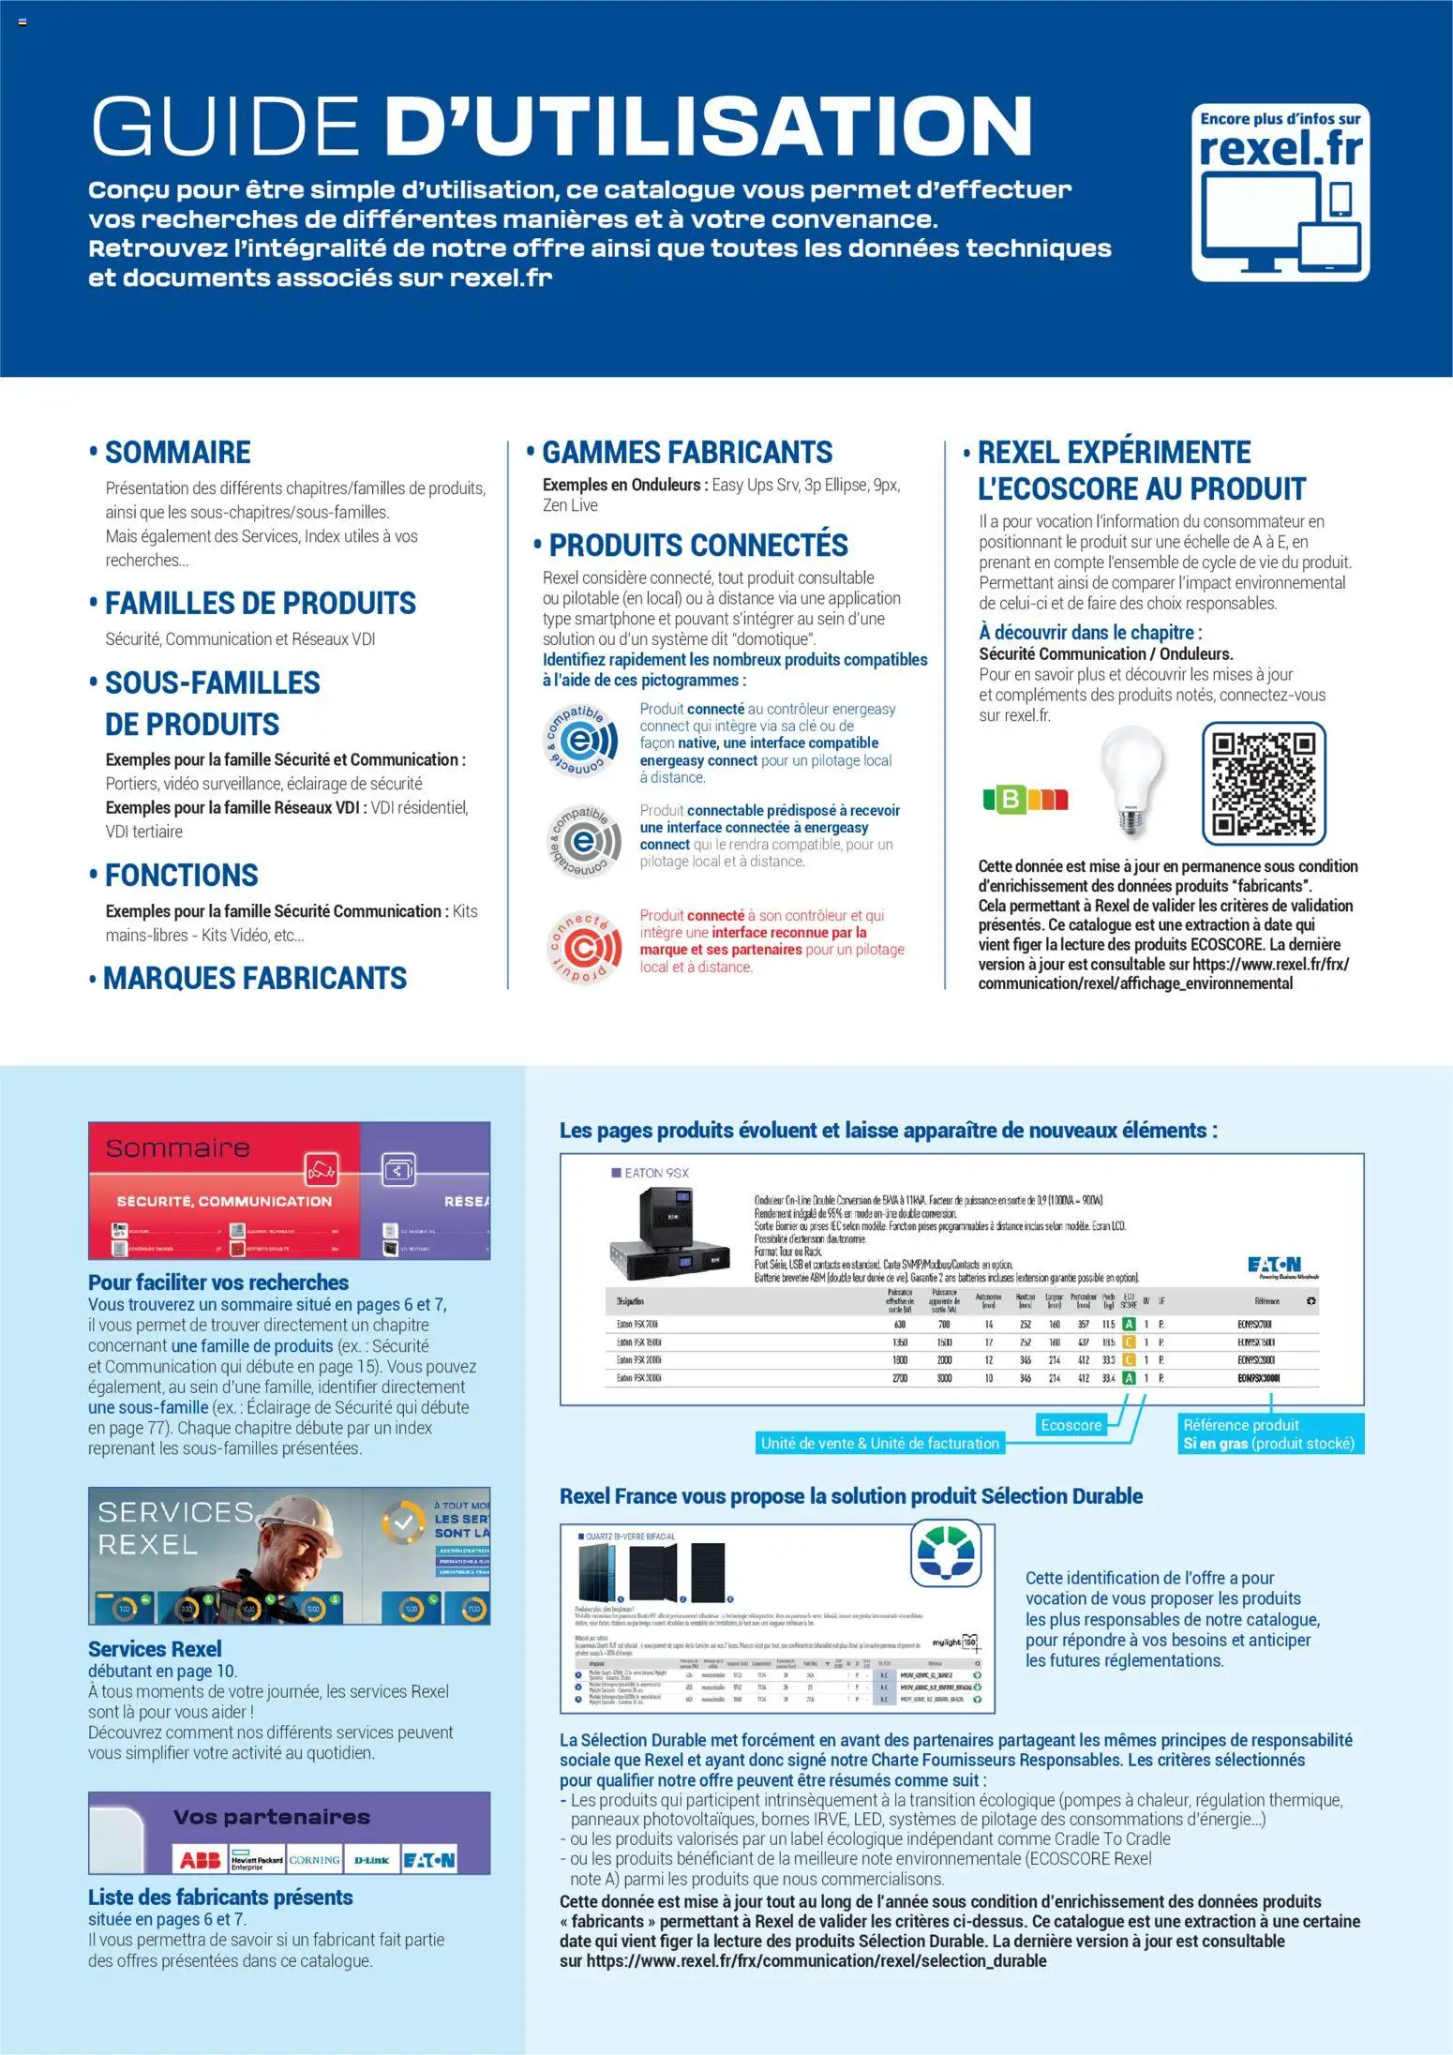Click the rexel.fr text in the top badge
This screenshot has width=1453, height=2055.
click(x=1281, y=148)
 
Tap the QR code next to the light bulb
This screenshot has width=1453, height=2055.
click(x=1264, y=783)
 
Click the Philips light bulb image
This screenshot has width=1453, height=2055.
click(x=1132, y=779)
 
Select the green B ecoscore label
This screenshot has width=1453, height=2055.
click(x=1011, y=799)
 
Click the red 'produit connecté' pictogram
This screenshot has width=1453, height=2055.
click(x=584, y=949)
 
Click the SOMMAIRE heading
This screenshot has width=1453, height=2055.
click(x=177, y=452)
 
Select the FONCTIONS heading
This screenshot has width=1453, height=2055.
click(x=181, y=875)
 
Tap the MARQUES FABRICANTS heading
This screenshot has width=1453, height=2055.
click(x=254, y=978)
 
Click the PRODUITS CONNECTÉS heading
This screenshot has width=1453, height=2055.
click(x=698, y=545)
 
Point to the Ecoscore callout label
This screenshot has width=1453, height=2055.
click(x=1071, y=1425)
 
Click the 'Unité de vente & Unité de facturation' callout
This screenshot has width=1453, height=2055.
click(x=879, y=1443)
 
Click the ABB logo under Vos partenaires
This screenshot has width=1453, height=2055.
click(x=201, y=1859)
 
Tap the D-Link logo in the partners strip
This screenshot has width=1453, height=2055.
click(x=371, y=1859)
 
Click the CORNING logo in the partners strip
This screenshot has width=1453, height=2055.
click(x=314, y=1859)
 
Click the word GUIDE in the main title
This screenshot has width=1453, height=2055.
click(x=226, y=126)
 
